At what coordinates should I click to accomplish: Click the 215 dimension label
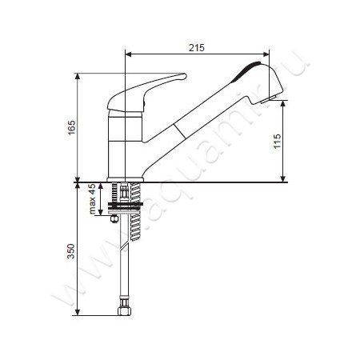pyautogui.click(x=197, y=48)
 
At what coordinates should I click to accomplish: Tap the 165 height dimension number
pyautogui.click(x=71, y=128)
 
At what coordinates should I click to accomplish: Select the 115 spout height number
pyautogui.click(x=278, y=141)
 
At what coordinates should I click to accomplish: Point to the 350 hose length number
pyautogui.click(x=71, y=251)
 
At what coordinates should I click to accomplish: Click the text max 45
pyautogui.click(x=92, y=198)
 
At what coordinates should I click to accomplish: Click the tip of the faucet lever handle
pyautogui.click(x=185, y=76)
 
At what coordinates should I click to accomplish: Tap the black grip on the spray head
pyautogui.click(x=246, y=71)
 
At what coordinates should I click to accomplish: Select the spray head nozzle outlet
pyautogui.click(x=268, y=100)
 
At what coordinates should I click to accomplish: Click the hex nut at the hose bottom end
pyautogui.click(x=124, y=310)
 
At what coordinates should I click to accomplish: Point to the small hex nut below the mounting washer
pyautogui.click(x=114, y=218)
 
